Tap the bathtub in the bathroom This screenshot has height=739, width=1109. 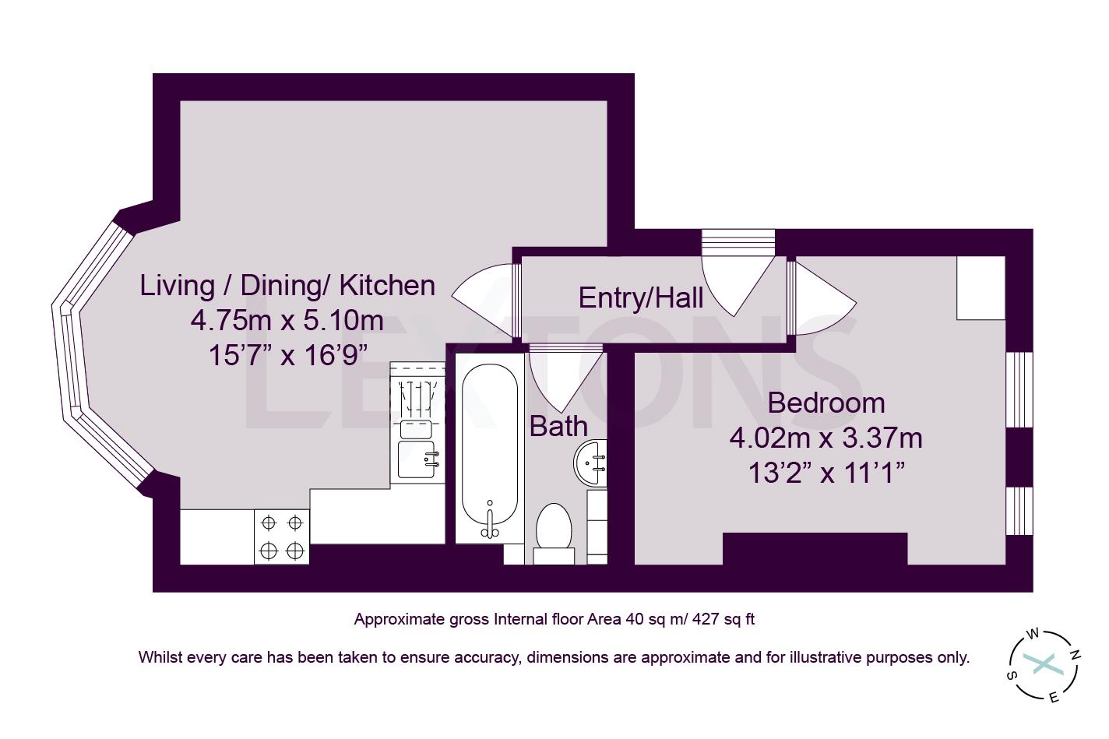488,448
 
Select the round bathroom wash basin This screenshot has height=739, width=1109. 591,462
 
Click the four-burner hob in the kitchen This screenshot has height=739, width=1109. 282,537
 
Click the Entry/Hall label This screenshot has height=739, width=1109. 640,297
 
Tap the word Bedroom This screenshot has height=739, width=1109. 826,403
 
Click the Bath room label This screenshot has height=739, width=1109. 558,426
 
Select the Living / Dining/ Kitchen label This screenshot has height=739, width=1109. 287,285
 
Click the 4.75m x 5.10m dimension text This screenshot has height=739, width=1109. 287,320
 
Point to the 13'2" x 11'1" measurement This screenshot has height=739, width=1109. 826,473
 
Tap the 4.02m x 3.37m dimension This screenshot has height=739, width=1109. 826,438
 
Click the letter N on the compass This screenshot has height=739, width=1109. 1075,655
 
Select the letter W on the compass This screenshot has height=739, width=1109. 1033,634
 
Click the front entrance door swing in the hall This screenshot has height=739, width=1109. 736,280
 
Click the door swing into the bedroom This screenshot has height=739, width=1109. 822,300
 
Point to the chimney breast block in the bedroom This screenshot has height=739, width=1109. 815,548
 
